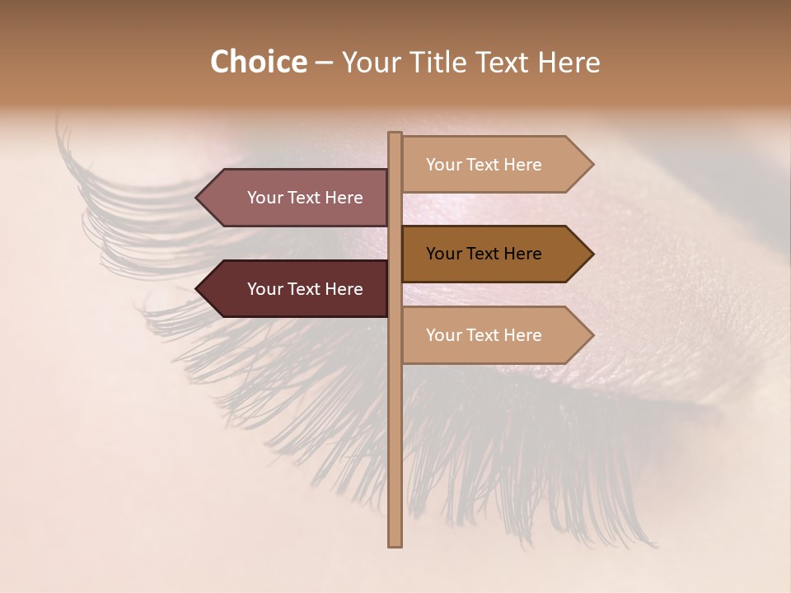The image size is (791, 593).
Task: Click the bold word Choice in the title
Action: pyautogui.click(x=258, y=62)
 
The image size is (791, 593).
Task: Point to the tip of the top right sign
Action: pyautogui.click(x=592, y=165)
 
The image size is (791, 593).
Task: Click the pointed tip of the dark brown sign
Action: pyautogui.click(x=592, y=254)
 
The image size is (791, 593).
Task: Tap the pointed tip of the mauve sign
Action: pyautogui.click(x=198, y=198)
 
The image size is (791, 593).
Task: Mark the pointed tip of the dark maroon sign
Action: pyautogui.click(x=198, y=289)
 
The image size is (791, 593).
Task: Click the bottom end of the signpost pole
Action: pyautogui.click(x=395, y=544)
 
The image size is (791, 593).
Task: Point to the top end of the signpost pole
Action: pyautogui.click(x=395, y=134)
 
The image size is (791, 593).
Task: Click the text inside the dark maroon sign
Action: pyautogui.click(x=305, y=289)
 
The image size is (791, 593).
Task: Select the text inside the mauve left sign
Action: pyautogui.click(x=305, y=198)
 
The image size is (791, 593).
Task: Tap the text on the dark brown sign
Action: pyautogui.click(x=484, y=254)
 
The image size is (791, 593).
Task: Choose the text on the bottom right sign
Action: pyautogui.click(x=484, y=335)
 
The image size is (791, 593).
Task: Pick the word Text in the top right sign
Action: pyautogui.click(x=484, y=165)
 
